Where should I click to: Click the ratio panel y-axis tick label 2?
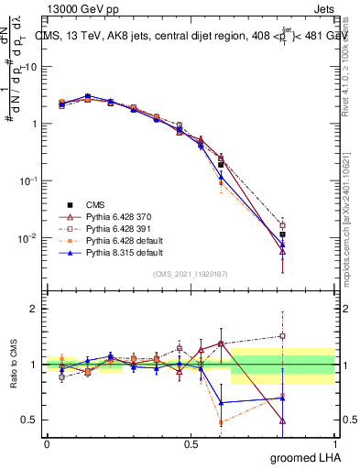tap(34, 310)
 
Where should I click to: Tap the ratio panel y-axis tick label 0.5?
tap(30, 420)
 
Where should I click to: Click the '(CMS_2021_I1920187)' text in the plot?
tap(190, 272)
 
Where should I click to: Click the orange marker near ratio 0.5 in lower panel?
tap(221, 422)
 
